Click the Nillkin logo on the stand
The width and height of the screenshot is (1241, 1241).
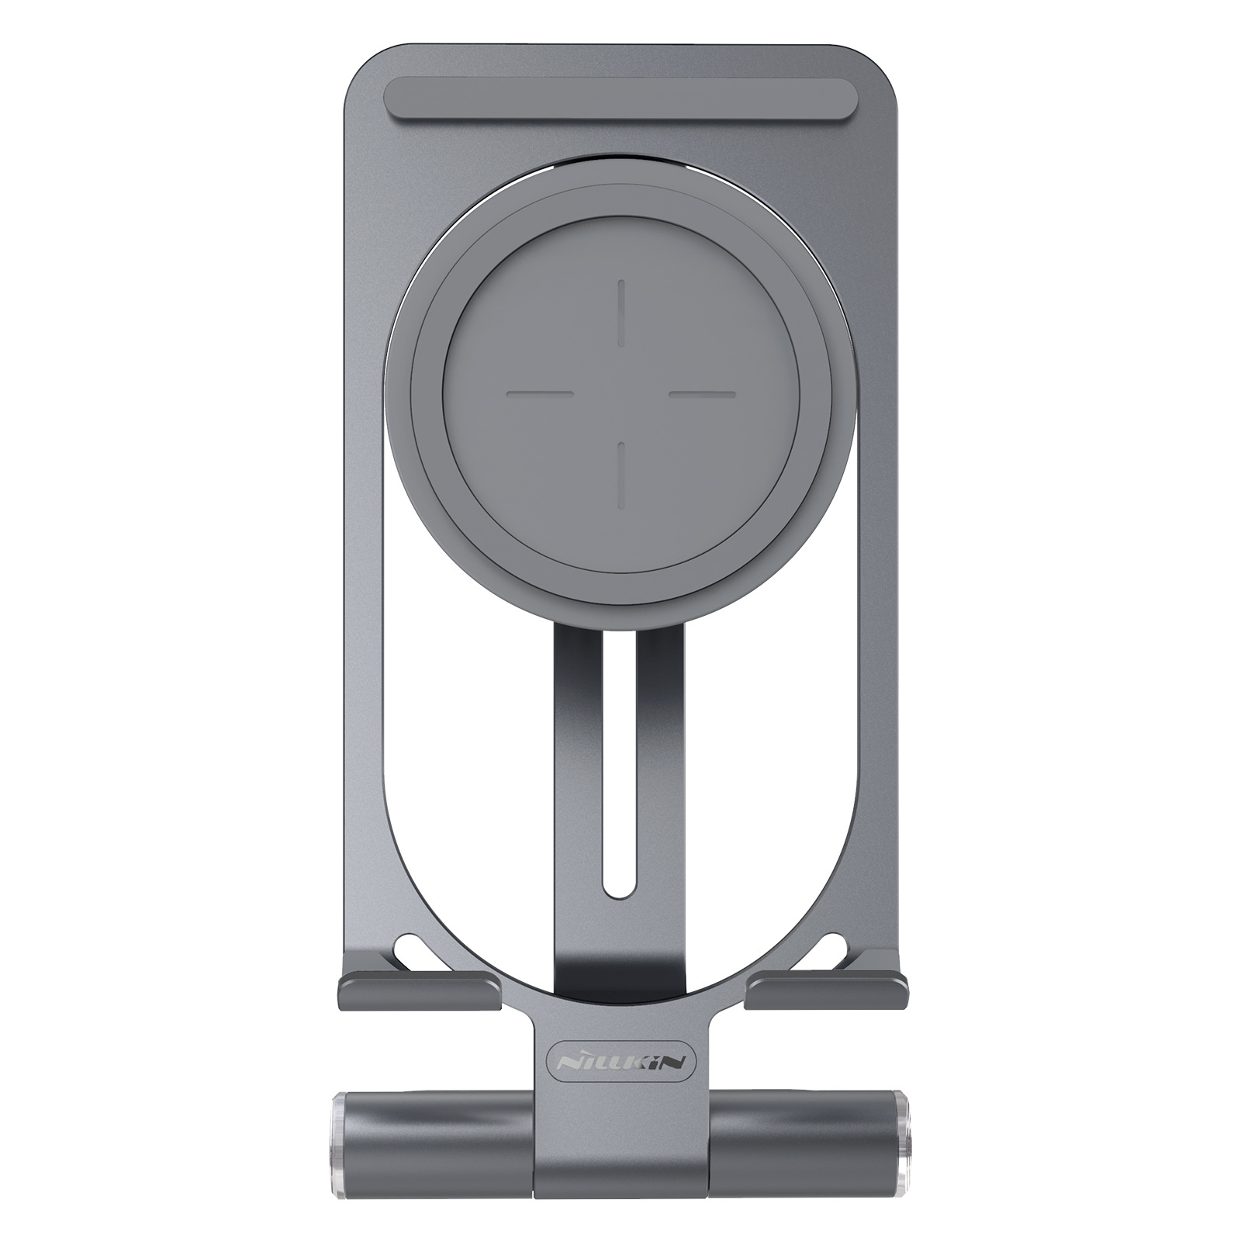[x=620, y=1060]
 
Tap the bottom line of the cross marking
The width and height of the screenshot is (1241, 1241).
[x=621, y=475]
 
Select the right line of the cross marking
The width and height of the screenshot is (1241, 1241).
[x=702, y=394]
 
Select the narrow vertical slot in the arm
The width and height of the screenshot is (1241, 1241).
[x=620, y=776]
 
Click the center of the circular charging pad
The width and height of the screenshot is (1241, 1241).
[x=621, y=394]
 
